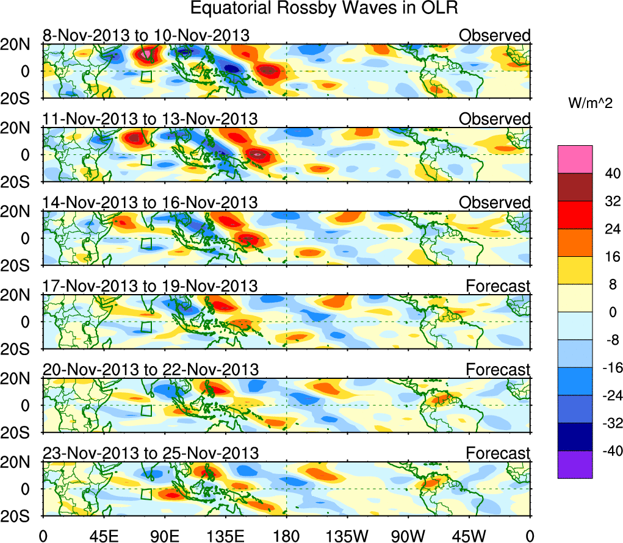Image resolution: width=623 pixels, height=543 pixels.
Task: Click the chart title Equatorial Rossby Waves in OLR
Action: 324,9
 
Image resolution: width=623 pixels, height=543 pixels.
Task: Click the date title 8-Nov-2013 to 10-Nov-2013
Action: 146,36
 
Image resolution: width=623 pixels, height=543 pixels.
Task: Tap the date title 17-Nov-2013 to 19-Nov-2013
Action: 150,286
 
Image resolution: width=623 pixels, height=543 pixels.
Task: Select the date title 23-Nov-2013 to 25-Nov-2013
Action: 150,453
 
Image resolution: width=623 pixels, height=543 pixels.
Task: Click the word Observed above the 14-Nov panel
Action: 495,203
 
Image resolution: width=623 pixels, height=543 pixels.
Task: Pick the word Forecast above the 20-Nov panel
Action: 498,369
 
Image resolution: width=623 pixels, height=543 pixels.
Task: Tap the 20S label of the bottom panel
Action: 20,516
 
